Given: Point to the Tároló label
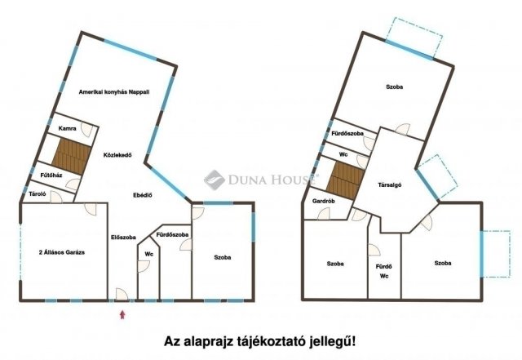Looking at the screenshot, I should coord(37,194).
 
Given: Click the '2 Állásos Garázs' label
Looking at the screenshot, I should coord(62,253).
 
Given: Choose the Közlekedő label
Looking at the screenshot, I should coord(118,153).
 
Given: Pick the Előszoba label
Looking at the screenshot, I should coord(123,238).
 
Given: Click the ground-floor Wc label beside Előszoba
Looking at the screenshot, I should coord(149,254).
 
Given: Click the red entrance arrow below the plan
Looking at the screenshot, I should coord(123,313).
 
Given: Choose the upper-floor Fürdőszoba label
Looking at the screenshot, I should coord(347,132).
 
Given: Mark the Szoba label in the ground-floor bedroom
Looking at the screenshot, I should coord(222,257).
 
